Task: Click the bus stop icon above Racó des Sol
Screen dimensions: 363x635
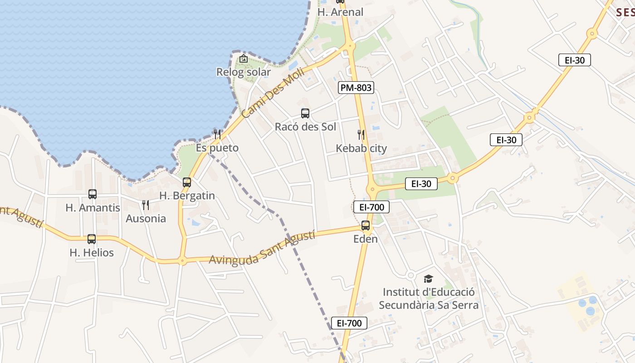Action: (x=305, y=113)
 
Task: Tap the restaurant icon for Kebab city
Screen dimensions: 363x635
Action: (x=361, y=135)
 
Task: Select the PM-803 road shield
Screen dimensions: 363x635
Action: (x=356, y=88)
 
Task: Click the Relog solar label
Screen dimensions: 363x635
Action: (x=243, y=72)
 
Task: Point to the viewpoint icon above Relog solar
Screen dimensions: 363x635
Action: (x=244, y=59)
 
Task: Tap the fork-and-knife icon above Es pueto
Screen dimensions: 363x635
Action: (x=217, y=134)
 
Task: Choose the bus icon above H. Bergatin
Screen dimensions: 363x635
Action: (x=187, y=182)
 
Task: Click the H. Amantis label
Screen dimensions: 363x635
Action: (x=93, y=208)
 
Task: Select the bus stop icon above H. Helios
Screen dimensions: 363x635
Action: (x=92, y=239)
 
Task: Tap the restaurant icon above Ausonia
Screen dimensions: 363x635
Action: (x=146, y=205)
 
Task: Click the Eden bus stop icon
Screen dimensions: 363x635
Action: (x=366, y=226)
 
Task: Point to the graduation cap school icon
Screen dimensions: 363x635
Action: (x=428, y=279)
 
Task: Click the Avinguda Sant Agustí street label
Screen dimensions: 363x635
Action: (x=262, y=248)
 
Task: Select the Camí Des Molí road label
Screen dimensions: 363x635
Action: (x=266, y=98)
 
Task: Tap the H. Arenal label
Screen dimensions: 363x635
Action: (x=340, y=12)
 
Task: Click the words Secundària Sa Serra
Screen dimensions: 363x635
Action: (x=428, y=305)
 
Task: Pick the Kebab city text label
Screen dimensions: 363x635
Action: (x=361, y=148)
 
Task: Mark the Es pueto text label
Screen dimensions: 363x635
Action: (x=217, y=148)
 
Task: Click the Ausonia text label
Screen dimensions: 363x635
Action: (x=146, y=219)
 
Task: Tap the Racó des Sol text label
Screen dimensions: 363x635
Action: (x=305, y=127)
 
